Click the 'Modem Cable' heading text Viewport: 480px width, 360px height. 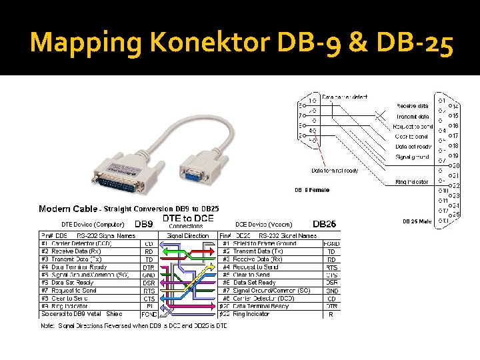(67, 209)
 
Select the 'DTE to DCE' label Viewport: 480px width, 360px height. (188, 218)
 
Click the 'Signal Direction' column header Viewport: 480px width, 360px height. (189, 235)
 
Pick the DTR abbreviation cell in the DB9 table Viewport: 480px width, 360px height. (149, 267)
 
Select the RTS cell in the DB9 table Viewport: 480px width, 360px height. (149, 291)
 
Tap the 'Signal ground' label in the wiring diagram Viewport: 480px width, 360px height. (413, 157)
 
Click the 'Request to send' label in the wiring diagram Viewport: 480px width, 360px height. (413, 126)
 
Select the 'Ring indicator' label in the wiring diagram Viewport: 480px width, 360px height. (413, 181)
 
